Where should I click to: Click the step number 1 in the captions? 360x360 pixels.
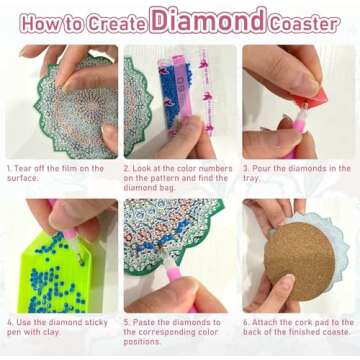[8, 169]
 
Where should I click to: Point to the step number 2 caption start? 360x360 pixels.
[126, 169]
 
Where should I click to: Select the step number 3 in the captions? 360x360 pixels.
[245, 169]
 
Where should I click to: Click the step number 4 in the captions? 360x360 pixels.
[8, 322]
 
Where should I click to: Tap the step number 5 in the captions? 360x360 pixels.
[126, 322]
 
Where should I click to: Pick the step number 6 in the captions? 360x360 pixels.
[245, 322]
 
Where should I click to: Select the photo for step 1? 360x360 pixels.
[61, 100]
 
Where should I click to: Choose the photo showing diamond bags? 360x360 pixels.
[179, 100]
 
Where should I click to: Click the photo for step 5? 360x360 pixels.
[179, 255]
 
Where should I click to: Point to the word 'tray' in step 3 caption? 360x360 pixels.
[256, 181]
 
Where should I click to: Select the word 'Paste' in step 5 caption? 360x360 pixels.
[145, 322]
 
